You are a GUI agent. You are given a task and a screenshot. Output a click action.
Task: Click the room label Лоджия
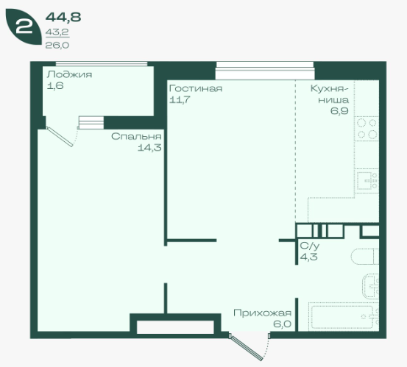[x=69, y=75]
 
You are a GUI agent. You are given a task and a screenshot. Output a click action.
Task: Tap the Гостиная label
[x=196, y=88]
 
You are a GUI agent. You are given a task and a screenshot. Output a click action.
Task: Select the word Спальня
[x=136, y=136]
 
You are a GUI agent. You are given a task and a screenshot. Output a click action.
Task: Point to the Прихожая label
[x=262, y=313]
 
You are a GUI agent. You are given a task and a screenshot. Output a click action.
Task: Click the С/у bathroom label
[x=309, y=246]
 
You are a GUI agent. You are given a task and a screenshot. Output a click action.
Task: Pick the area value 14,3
[x=149, y=148]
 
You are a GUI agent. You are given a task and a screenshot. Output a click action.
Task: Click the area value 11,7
[x=180, y=99]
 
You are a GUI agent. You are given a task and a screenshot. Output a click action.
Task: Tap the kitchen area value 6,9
[x=339, y=111]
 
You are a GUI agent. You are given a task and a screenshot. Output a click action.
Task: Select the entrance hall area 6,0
[x=282, y=324]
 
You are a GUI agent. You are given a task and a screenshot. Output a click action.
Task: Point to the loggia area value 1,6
[x=55, y=86]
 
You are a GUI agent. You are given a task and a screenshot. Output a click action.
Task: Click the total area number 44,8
[x=63, y=18]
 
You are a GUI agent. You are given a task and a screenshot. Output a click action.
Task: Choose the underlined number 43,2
[x=57, y=32]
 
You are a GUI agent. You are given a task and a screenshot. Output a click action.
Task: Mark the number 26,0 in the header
[x=57, y=46]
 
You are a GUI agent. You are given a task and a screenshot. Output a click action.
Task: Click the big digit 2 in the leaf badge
[x=24, y=26]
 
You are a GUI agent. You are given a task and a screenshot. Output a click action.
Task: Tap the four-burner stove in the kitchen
[x=367, y=129]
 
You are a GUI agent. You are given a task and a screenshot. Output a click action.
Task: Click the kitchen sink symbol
[x=367, y=181]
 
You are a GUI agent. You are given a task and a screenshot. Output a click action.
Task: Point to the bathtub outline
[x=344, y=317]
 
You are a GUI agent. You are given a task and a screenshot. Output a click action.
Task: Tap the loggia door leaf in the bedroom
[x=60, y=137]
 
